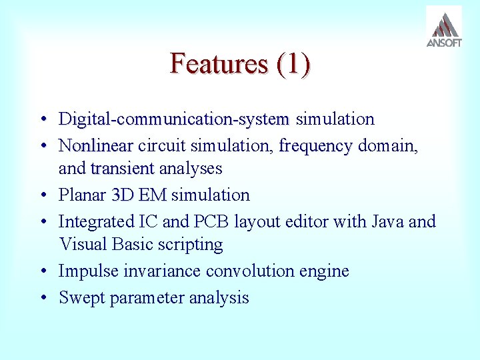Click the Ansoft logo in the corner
point(443,27)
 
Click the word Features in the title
point(209,64)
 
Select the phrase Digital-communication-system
point(174,119)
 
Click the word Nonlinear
point(96,145)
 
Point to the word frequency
point(315,145)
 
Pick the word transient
point(122,169)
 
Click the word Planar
point(83,195)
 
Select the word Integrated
point(97,221)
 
